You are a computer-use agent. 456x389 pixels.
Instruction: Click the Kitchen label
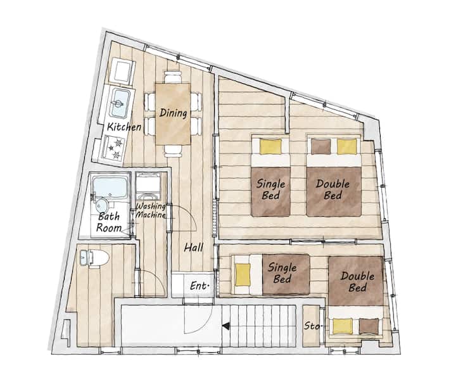124,127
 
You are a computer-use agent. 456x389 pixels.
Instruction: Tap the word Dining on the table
173,113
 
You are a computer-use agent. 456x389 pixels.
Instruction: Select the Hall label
193,248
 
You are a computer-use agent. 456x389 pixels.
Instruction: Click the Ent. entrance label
199,286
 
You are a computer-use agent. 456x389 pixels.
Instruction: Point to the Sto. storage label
313,326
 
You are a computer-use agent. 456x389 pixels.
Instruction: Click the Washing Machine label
151,210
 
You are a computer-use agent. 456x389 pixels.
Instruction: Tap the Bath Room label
109,222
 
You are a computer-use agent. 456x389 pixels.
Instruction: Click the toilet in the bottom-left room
94,258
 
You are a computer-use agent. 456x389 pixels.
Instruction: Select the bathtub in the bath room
110,188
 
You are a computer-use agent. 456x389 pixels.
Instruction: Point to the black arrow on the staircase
225,326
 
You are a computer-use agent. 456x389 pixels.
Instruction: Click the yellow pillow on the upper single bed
271,147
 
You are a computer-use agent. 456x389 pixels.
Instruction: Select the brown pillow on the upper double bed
321,146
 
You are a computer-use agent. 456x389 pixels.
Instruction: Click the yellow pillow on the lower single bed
243,274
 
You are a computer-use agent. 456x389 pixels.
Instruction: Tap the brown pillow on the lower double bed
369,326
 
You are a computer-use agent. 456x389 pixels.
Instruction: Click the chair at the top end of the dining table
173,77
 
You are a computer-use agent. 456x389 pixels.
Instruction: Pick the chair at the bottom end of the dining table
173,151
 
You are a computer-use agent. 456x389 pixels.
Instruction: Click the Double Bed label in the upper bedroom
332,189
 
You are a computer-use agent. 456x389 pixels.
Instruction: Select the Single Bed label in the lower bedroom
282,272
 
